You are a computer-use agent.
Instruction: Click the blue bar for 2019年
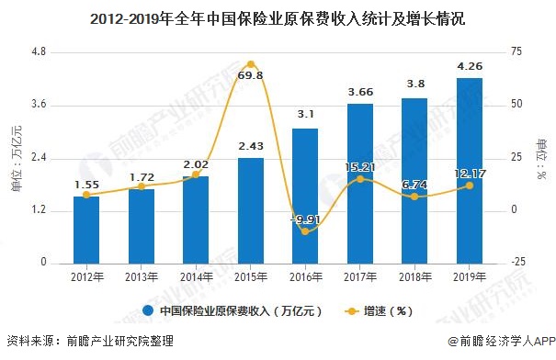point(469,170)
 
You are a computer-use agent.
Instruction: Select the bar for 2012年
point(86,230)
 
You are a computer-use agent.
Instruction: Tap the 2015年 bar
point(250,210)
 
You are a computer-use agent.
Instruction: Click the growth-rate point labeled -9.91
point(305,231)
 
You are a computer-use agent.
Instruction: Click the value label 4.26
point(469,65)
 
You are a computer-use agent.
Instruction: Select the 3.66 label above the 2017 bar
point(359,92)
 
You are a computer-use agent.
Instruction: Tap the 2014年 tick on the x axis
point(196,276)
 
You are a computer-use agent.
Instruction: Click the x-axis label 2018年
point(414,276)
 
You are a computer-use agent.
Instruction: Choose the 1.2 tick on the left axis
point(38,210)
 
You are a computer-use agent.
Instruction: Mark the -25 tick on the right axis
point(520,264)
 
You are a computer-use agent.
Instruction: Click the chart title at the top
point(278,16)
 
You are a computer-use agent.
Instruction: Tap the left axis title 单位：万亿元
point(16,159)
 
